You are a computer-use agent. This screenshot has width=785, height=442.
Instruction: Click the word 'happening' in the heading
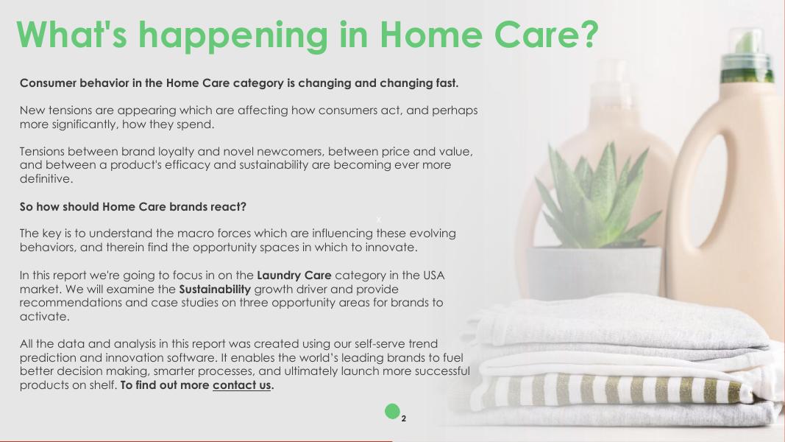coord(232,36)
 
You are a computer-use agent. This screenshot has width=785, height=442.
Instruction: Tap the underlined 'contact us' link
coord(242,385)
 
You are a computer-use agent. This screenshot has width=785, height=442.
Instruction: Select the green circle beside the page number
coord(393,412)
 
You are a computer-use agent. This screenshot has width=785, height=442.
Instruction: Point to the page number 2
coord(403,418)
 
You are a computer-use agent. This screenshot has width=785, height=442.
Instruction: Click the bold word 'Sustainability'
coord(215,290)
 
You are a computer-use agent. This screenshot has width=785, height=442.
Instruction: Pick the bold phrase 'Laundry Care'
coord(294,275)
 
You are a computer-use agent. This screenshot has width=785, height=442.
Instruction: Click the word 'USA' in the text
coord(434,275)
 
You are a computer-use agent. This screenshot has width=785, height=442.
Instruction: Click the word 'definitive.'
coord(46,179)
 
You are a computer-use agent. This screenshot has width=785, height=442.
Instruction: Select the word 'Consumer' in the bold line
coord(48,83)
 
